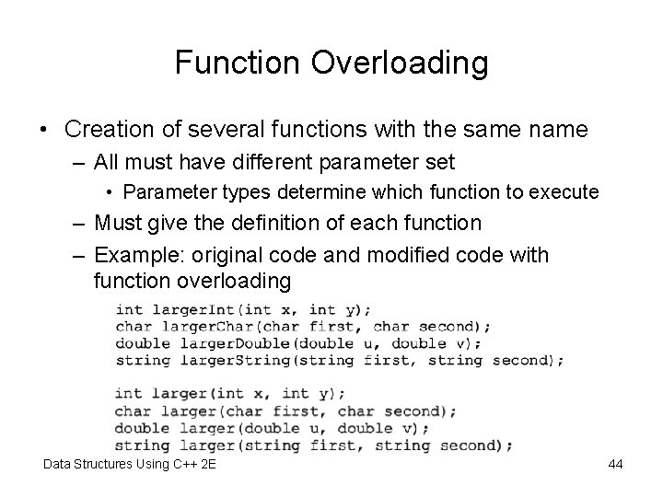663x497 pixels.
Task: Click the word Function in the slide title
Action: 230,63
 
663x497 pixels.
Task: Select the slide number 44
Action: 615,465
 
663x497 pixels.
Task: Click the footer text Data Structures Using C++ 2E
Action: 130,465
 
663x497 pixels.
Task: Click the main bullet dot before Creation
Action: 45,130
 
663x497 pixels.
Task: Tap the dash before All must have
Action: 77,162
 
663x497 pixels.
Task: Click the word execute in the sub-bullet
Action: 568,192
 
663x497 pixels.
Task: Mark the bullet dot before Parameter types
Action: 110,192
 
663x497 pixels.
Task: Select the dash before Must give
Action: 77,223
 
